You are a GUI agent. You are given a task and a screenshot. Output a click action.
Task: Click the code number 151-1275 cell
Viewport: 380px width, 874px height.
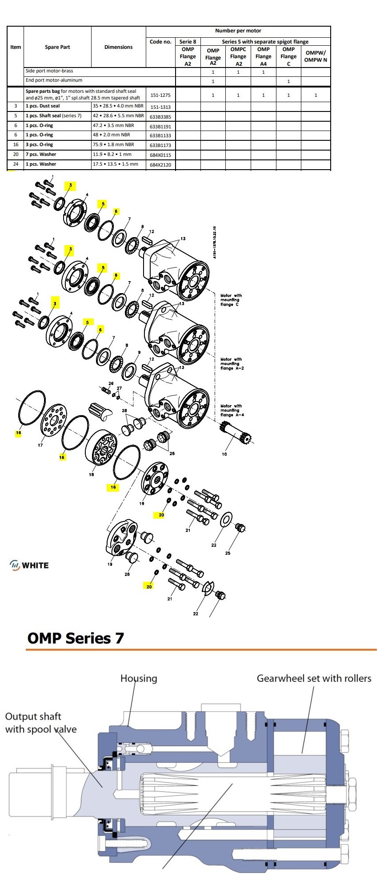pyautogui.click(x=160, y=95)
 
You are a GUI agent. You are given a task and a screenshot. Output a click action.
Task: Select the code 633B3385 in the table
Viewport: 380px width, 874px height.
pyautogui.click(x=160, y=117)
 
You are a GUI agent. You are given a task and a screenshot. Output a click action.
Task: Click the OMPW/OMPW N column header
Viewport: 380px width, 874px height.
pyautogui.click(x=316, y=56)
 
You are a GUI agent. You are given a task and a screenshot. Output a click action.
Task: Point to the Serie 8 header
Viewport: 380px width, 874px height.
pyautogui.click(x=188, y=42)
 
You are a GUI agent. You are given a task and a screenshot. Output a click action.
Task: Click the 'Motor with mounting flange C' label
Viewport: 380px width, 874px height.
pyautogui.click(x=231, y=300)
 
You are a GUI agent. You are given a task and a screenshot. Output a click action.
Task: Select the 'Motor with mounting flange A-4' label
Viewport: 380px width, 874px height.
pyautogui.click(x=232, y=410)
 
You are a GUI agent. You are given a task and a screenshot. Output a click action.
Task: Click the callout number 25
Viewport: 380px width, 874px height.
pyautogui.click(x=228, y=553)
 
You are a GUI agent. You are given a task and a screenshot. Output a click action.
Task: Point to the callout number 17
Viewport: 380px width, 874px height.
pyautogui.click(x=40, y=445)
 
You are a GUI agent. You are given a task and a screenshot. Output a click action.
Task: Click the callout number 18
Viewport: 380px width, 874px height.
pyautogui.click(x=92, y=474)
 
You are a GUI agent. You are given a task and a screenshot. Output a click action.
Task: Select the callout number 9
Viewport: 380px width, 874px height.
pyautogui.click(x=139, y=352)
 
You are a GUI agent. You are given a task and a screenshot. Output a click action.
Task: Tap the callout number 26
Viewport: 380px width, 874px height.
pyautogui.click(x=111, y=383)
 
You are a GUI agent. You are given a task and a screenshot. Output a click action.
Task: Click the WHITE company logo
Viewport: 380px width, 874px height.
pyautogui.click(x=29, y=565)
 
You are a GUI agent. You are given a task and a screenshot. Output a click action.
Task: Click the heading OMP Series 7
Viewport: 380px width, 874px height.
pyautogui.click(x=76, y=638)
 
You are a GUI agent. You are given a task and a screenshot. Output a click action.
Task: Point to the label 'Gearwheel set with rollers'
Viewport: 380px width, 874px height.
pyautogui.click(x=314, y=678)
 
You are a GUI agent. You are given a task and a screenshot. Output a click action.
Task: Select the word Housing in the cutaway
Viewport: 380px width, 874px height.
pyautogui.click(x=139, y=678)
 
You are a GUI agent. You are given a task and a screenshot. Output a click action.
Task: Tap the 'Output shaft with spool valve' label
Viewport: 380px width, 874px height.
pyautogui.click(x=40, y=723)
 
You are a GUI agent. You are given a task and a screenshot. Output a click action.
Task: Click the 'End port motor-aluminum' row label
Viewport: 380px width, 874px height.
pyautogui.click(x=54, y=80)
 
